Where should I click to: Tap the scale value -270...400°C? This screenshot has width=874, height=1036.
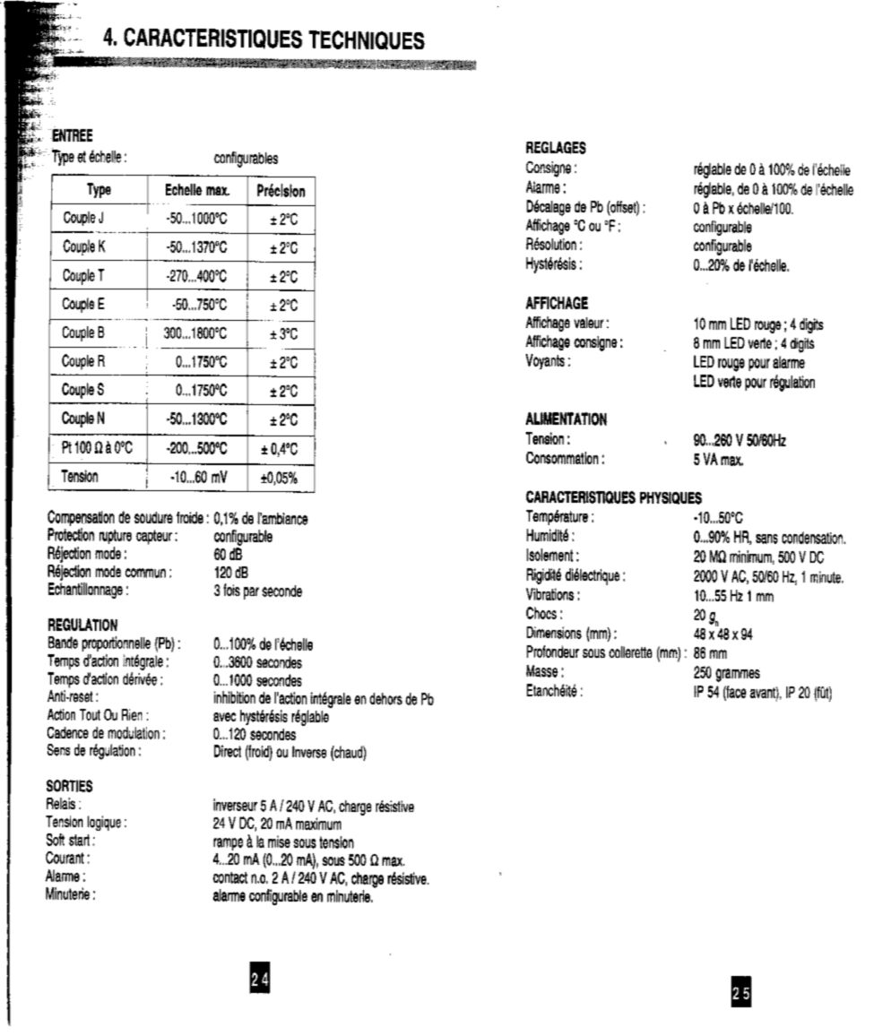click(196, 276)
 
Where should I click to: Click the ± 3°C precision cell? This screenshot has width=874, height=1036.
click(283, 333)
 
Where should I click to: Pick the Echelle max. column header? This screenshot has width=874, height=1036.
click(197, 190)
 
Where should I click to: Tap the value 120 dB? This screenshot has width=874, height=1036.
click(231, 572)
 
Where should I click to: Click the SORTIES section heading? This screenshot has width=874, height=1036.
click(69, 786)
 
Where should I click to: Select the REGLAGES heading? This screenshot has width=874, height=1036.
click(556, 149)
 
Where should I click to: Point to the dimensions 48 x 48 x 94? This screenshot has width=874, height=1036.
click(723, 633)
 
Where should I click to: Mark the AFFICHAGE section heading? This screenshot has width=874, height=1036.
click(557, 304)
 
